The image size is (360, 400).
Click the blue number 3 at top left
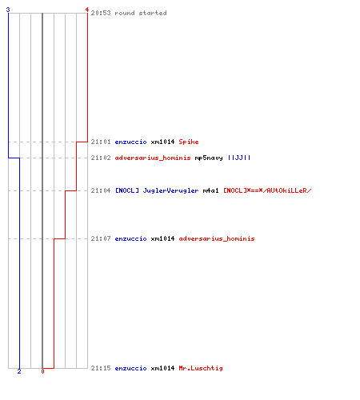tap(8, 10)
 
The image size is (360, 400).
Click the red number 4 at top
tap(87, 10)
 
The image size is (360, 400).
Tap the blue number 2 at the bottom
tap(19, 371)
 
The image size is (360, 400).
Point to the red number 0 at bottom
tap(42, 371)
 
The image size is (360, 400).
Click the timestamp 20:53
tap(101, 13)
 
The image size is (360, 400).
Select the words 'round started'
tap(141, 13)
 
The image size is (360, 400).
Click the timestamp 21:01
tap(101, 142)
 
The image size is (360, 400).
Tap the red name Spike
tap(189, 142)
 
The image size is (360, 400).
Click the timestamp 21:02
tap(101, 158)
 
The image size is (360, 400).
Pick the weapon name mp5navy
tap(209, 158)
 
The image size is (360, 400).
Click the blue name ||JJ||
tap(239, 158)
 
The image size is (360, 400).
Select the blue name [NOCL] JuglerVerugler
tap(157, 190)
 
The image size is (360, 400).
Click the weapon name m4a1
tap(210, 190)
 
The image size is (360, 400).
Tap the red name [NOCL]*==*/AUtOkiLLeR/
tap(267, 190)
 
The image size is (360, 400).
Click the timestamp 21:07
tap(101, 238)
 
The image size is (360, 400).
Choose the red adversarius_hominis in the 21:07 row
tap(217, 238)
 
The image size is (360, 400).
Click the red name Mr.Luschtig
tap(201, 368)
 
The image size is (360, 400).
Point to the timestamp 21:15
tap(101, 368)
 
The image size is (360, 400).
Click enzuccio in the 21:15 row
tap(130, 368)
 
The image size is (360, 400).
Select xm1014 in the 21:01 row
tap(162, 142)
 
